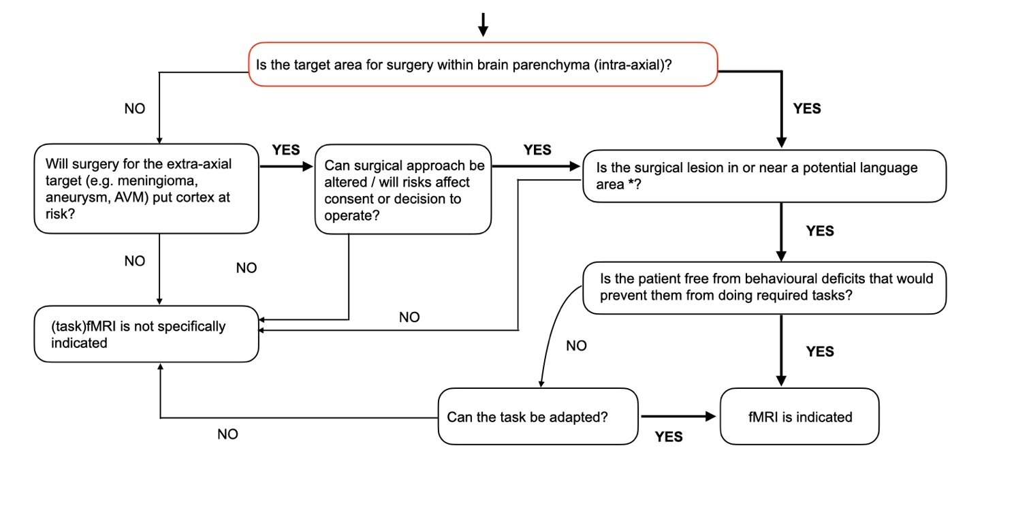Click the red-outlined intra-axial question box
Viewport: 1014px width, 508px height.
(x=483, y=65)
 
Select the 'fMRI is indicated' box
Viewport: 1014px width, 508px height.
(x=799, y=416)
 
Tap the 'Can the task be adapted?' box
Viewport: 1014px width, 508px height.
(x=538, y=416)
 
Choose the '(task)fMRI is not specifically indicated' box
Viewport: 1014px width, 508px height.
(x=146, y=334)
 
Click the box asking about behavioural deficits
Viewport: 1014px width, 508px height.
(x=764, y=287)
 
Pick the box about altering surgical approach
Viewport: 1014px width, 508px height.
(x=403, y=189)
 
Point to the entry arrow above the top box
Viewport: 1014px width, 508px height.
(x=483, y=24)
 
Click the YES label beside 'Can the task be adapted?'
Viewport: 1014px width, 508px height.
(x=669, y=437)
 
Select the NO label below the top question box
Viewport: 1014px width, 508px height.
(x=135, y=109)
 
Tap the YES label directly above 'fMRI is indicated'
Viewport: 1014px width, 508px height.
(x=820, y=351)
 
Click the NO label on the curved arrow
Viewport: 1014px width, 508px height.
(x=576, y=346)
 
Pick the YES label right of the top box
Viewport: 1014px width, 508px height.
(x=807, y=108)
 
